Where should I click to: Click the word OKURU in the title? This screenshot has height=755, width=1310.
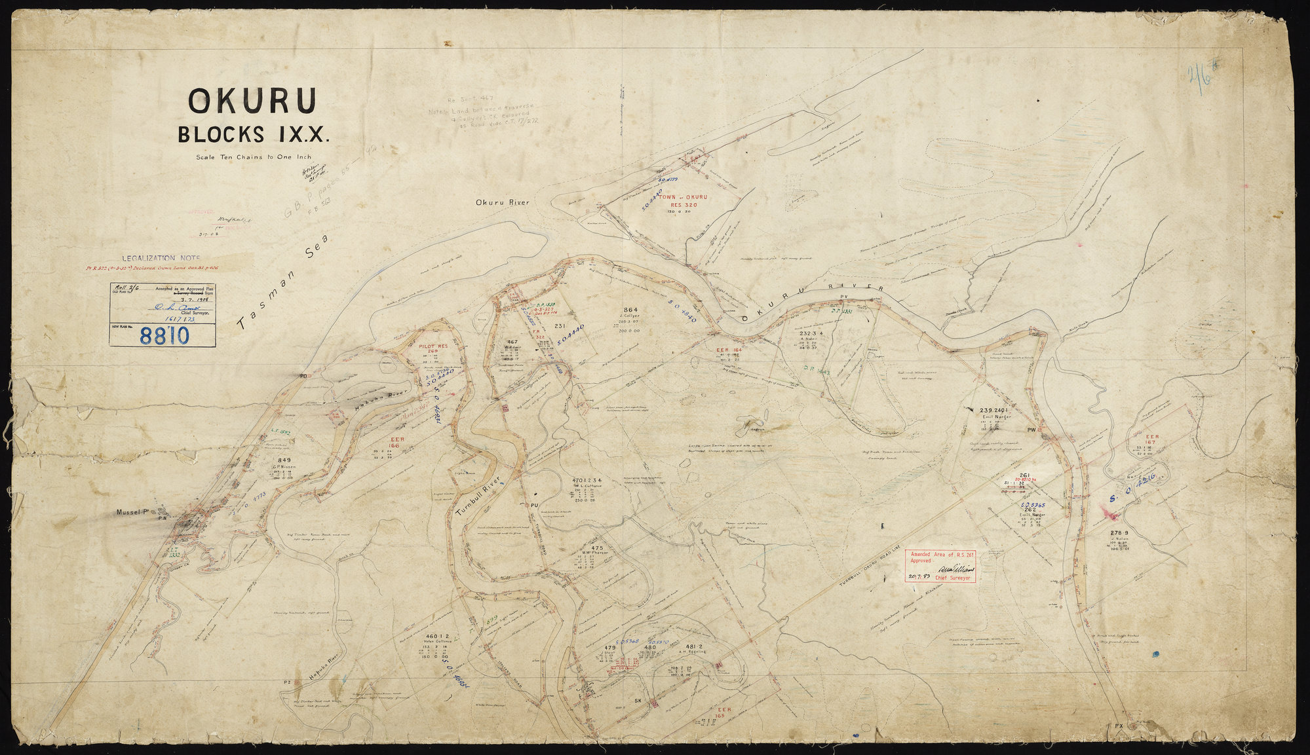point(252,100)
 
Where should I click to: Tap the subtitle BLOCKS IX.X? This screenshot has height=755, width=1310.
point(254,134)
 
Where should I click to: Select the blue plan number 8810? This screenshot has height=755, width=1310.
point(164,336)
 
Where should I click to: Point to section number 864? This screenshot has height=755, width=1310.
point(630,310)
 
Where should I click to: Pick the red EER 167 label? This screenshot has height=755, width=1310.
point(1152,440)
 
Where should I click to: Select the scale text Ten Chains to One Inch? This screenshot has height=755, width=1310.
point(252,157)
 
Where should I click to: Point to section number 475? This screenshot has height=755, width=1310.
point(596,547)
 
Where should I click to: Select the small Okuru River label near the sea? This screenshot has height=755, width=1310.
point(502,202)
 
